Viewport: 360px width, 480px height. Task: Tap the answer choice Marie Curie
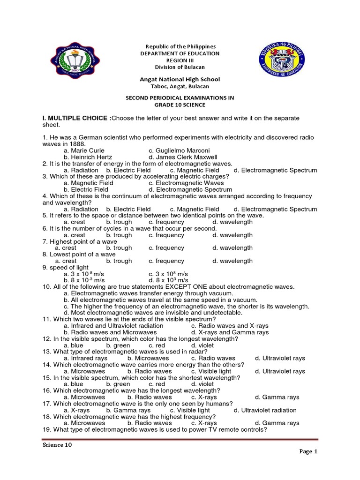point(81,150)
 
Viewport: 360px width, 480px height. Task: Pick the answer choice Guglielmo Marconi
point(180,150)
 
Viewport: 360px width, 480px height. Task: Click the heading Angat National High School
point(180,80)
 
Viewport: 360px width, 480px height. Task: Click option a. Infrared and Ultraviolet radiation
point(113,325)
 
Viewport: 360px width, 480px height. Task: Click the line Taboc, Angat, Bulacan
point(180,86)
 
